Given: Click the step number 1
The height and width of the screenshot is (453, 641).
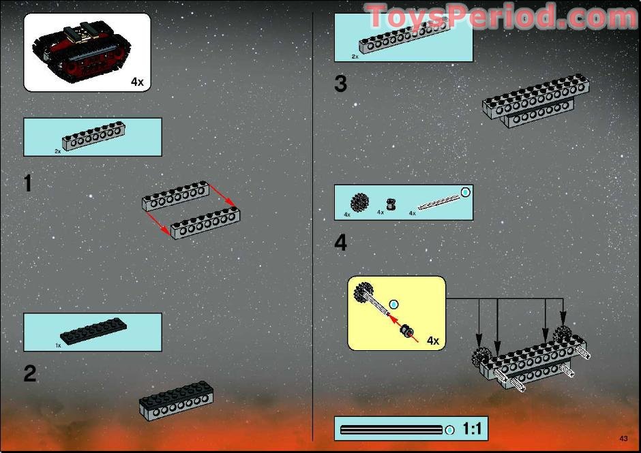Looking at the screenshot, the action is tap(28, 183).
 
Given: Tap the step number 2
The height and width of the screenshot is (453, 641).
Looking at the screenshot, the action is tap(30, 373).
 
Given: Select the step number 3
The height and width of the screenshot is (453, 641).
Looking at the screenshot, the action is tap(340, 84).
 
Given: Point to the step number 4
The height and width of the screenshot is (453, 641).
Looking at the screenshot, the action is tap(340, 243).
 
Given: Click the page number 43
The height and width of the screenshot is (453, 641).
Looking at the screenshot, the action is tap(623, 439).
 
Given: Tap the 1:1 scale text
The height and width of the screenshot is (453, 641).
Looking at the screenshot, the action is tap(472, 429).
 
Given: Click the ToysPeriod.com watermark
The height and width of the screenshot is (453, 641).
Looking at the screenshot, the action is tap(501, 16).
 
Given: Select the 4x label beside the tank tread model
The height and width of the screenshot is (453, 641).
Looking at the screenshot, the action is tap(137, 82).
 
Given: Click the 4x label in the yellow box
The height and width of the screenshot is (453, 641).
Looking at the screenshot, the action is tap(433, 340).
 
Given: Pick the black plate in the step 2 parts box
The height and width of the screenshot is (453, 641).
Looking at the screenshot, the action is tap(93, 331).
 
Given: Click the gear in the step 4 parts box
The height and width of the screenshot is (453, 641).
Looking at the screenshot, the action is tap(359, 202).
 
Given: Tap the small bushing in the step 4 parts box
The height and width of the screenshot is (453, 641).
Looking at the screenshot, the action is tap(391, 204).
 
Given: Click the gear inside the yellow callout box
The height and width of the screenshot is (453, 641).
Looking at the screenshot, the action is tap(363, 292).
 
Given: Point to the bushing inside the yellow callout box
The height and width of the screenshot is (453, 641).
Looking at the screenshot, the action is tap(406, 331).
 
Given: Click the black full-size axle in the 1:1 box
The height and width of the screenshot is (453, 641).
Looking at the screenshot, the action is tap(391, 430).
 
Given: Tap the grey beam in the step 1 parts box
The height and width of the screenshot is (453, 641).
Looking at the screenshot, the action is tap(93, 136).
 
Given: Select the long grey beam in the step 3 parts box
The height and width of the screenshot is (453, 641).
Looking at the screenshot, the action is tap(404, 35).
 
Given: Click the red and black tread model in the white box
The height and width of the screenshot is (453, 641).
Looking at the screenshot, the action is tap(82, 52).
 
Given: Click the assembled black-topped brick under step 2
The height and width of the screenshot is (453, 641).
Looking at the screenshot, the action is tap(176, 401).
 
